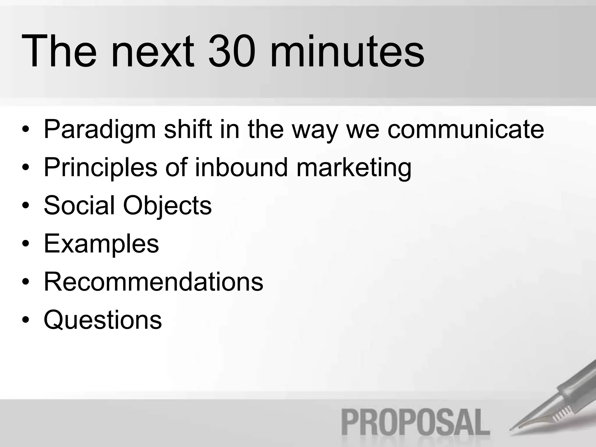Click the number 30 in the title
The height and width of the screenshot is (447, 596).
click(x=232, y=52)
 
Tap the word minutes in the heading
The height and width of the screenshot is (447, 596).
click(x=347, y=52)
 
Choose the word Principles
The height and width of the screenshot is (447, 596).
click(x=100, y=168)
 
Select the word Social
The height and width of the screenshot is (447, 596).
click(x=79, y=205)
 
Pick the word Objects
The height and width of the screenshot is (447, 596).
click(x=167, y=206)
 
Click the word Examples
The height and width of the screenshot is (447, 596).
click(x=101, y=244)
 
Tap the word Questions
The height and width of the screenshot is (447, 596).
click(x=103, y=320)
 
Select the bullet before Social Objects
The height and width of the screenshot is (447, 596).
click(x=26, y=206)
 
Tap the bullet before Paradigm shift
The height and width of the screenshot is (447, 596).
click(x=26, y=130)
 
